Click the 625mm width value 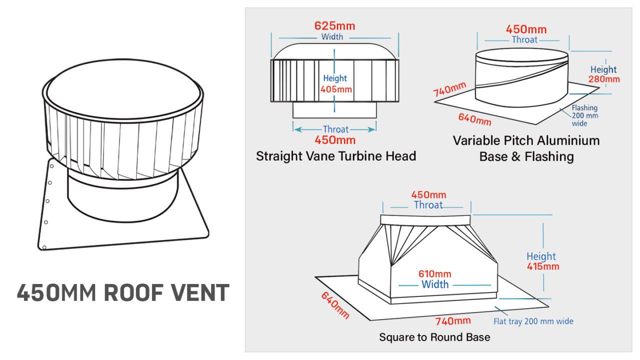[x=335, y=25]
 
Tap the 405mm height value [x=336, y=90]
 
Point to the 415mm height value [x=543, y=266]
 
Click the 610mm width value [x=434, y=274]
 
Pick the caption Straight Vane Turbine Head [x=336, y=156]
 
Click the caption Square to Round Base [x=434, y=337]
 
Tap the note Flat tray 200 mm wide [x=533, y=321]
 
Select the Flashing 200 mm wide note [x=584, y=115]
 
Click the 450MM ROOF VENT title [x=123, y=293]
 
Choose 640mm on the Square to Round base [x=335, y=305]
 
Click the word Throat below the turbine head [x=335, y=129]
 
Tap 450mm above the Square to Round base [x=428, y=195]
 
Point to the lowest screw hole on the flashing [x=44, y=247]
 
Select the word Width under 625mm [x=332, y=37]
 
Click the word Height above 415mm [x=541, y=256]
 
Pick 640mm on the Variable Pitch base [x=474, y=119]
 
